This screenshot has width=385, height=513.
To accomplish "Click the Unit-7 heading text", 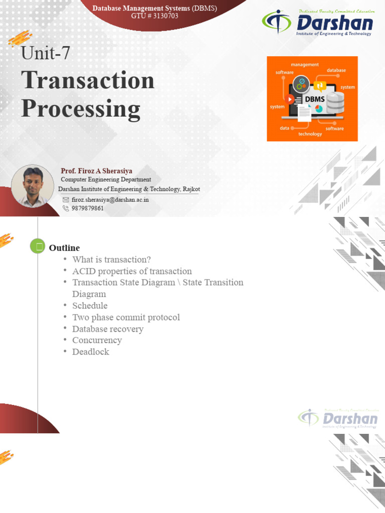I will pos(45,53).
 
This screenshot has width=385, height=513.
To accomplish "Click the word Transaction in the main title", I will pos(88,80).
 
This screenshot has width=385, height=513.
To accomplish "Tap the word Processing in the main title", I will pos(81,109).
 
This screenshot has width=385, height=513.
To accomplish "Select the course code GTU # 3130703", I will pos(154,16).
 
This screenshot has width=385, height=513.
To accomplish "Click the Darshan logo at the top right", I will pos(317,23).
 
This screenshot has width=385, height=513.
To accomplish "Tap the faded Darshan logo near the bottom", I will pos(338,418).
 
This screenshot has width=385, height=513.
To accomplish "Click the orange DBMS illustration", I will pos(312,98).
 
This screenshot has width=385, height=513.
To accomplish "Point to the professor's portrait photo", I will pos(32,186).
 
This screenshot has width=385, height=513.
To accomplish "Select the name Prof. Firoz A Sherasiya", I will pos(96,171).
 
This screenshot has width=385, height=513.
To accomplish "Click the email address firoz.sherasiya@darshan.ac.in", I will pos(110,199).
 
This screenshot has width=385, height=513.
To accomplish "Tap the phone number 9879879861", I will pos(88,208).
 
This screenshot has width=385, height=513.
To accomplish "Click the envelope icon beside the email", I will pos(66,199).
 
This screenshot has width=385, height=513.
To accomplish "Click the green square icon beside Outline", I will pos(38,246).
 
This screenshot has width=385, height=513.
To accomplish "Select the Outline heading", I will pos(64,248).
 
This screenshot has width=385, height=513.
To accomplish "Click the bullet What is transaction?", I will pos(111,260).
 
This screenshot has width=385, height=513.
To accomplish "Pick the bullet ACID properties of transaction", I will pos(132,271).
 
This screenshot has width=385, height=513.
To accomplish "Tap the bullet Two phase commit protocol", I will pos(126,317).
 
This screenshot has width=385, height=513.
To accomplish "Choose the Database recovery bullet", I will pos(108,329).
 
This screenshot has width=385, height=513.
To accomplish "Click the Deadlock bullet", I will pos(91,352).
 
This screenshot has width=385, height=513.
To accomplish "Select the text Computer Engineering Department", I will pos(106,180).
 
